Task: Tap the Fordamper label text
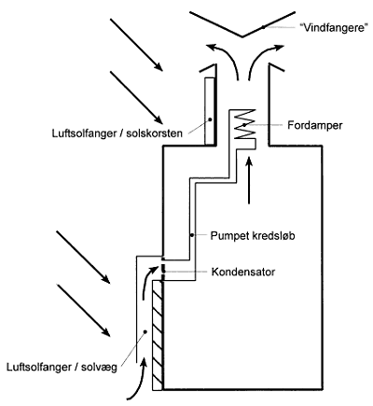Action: click(x=314, y=125)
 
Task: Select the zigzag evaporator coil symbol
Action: click(x=245, y=124)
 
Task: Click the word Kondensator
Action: click(x=243, y=272)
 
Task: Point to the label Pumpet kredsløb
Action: click(x=253, y=235)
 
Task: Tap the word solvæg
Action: click(x=99, y=367)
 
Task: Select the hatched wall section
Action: click(x=158, y=335)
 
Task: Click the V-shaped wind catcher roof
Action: click(x=242, y=24)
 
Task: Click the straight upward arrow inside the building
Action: click(x=249, y=180)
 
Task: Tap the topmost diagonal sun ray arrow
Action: click(x=136, y=45)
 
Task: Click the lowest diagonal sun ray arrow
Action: click(x=83, y=310)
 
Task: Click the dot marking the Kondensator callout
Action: click(x=164, y=273)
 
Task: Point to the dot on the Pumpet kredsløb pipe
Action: click(x=192, y=235)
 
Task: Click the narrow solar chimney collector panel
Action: click(x=210, y=111)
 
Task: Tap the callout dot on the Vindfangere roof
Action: click(x=263, y=27)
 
